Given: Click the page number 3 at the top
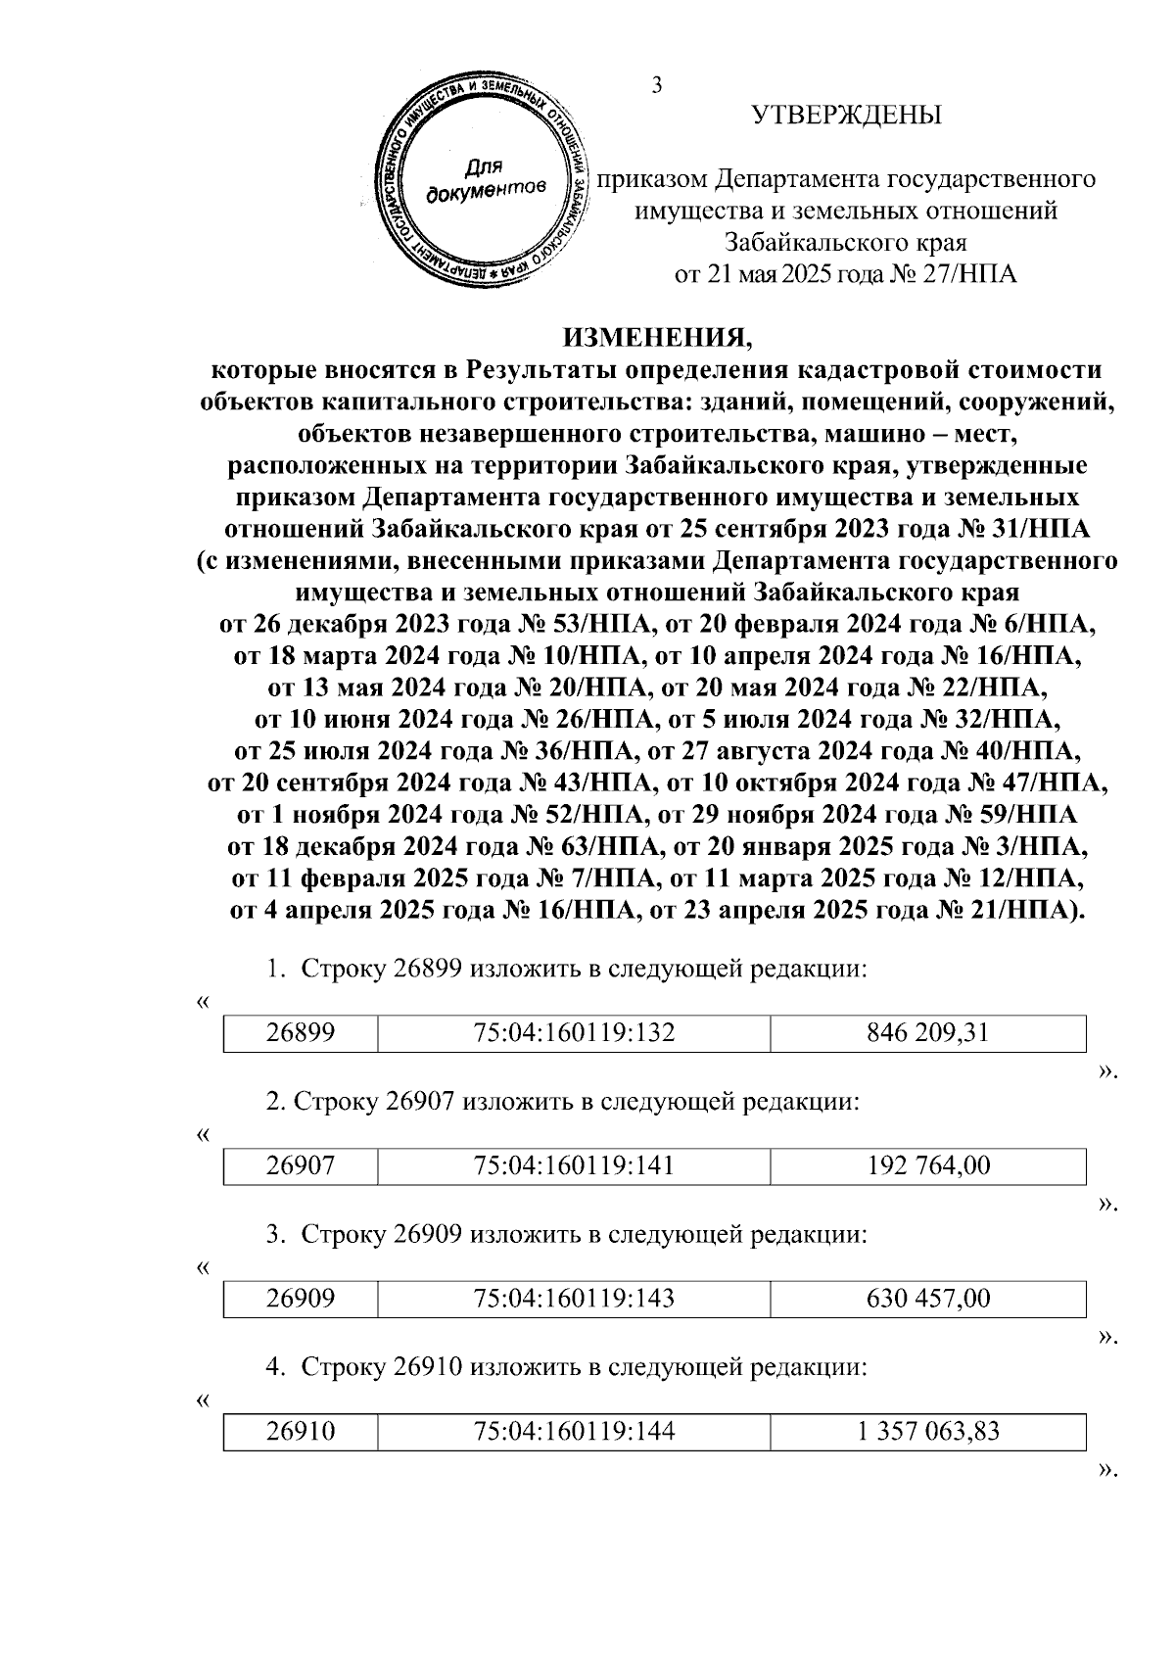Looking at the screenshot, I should click(x=657, y=85).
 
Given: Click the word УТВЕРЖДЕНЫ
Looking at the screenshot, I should click(x=847, y=116).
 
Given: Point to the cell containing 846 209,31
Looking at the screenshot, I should click(x=927, y=1032).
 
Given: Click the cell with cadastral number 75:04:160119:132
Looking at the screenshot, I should click(x=574, y=1032).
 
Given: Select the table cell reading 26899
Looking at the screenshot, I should click(x=301, y=1032).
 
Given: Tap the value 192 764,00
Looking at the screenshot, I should click(x=927, y=1165).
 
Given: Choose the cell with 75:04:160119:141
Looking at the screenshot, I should click(x=574, y=1165).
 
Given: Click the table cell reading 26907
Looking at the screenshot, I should click(x=301, y=1165).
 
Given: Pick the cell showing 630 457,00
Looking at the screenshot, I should click(x=927, y=1299).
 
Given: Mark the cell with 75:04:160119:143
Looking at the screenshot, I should click(x=574, y=1299).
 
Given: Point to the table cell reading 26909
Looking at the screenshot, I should click(x=301, y=1299).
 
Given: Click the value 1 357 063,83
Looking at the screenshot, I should click(x=927, y=1432).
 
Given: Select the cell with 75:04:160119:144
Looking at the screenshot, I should click(x=574, y=1432).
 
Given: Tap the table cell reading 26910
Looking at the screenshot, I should click(x=301, y=1432).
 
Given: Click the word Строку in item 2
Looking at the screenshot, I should click(x=337, y=1102).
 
